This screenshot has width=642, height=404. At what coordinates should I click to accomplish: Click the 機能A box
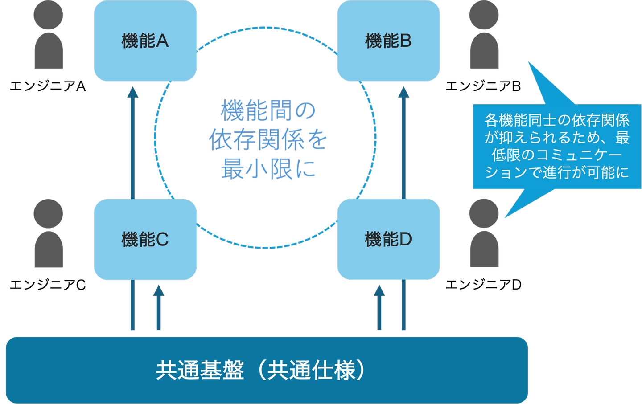(x=145, y=41)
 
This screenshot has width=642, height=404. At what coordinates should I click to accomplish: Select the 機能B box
(x=388, y=41)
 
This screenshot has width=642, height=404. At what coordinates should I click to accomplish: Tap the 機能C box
(x=145, y=240)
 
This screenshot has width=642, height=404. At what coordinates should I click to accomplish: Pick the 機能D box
(x=388, y=240)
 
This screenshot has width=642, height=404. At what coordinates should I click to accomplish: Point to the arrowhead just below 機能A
(x=132, y=92)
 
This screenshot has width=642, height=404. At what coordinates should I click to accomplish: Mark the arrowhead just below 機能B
(x=403, y=92)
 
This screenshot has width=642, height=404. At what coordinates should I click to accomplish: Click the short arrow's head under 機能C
(x=159, y=291)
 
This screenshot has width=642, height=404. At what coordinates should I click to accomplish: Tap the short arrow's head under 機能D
(x=379, y=291)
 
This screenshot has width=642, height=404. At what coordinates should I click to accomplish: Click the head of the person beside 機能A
(x=49, y=15)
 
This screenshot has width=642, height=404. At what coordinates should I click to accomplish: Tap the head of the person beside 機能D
(x=484, y=213)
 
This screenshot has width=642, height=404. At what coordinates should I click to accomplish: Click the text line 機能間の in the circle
(x=268, y=111)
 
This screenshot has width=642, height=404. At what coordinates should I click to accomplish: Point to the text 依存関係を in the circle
(x=268, y=140)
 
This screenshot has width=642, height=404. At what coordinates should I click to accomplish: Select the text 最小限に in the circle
(x=268, y=169)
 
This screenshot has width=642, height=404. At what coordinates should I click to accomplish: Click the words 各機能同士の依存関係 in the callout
(x=557, y=120)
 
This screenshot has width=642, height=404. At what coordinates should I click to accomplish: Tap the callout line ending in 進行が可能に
(x=557, y=172)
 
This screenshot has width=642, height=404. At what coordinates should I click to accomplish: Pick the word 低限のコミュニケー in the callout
(x=557, y=155)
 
